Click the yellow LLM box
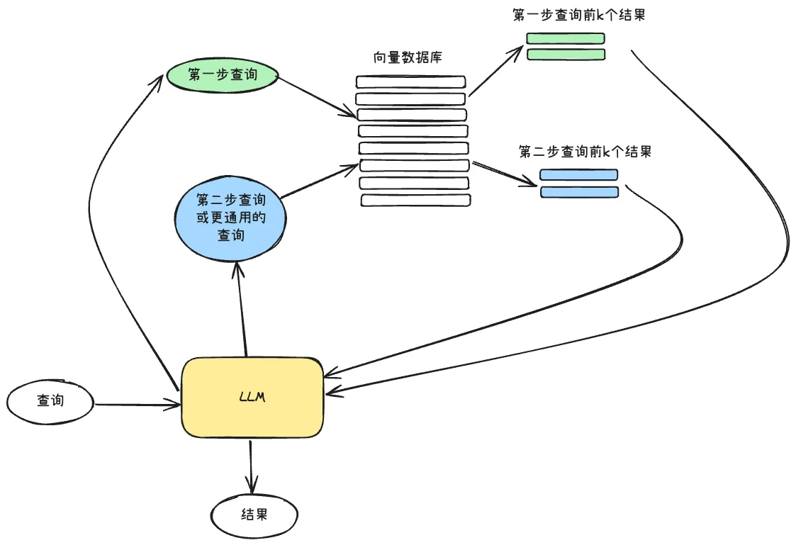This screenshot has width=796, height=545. pos(252,398)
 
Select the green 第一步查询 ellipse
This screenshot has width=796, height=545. pos(222,74)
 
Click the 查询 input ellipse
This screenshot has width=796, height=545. pos(50,400)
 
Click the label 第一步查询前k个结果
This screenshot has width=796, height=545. pos(578,15)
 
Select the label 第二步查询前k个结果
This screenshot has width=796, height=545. pos(585,152)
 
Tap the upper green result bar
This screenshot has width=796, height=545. pos(566,38)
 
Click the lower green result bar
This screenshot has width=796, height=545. pos(566,55)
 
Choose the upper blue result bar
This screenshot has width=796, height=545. pos(578,175)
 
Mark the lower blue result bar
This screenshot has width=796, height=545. pos(579,192)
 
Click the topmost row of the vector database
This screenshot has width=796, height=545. pos(410,82)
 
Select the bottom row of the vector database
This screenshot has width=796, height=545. pos(415,201)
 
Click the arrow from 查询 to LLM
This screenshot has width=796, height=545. pos(136,405)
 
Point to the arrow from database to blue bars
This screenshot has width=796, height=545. pos(503,174)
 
